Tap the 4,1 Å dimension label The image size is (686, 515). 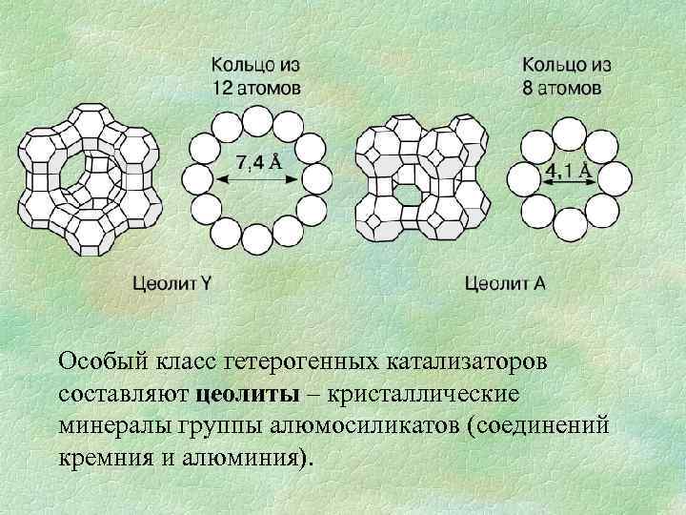pos(568,173)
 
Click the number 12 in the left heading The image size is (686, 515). pos(221,88)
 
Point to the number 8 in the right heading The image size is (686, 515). pos(531,88)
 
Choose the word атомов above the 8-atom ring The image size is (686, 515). pos(570,88)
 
